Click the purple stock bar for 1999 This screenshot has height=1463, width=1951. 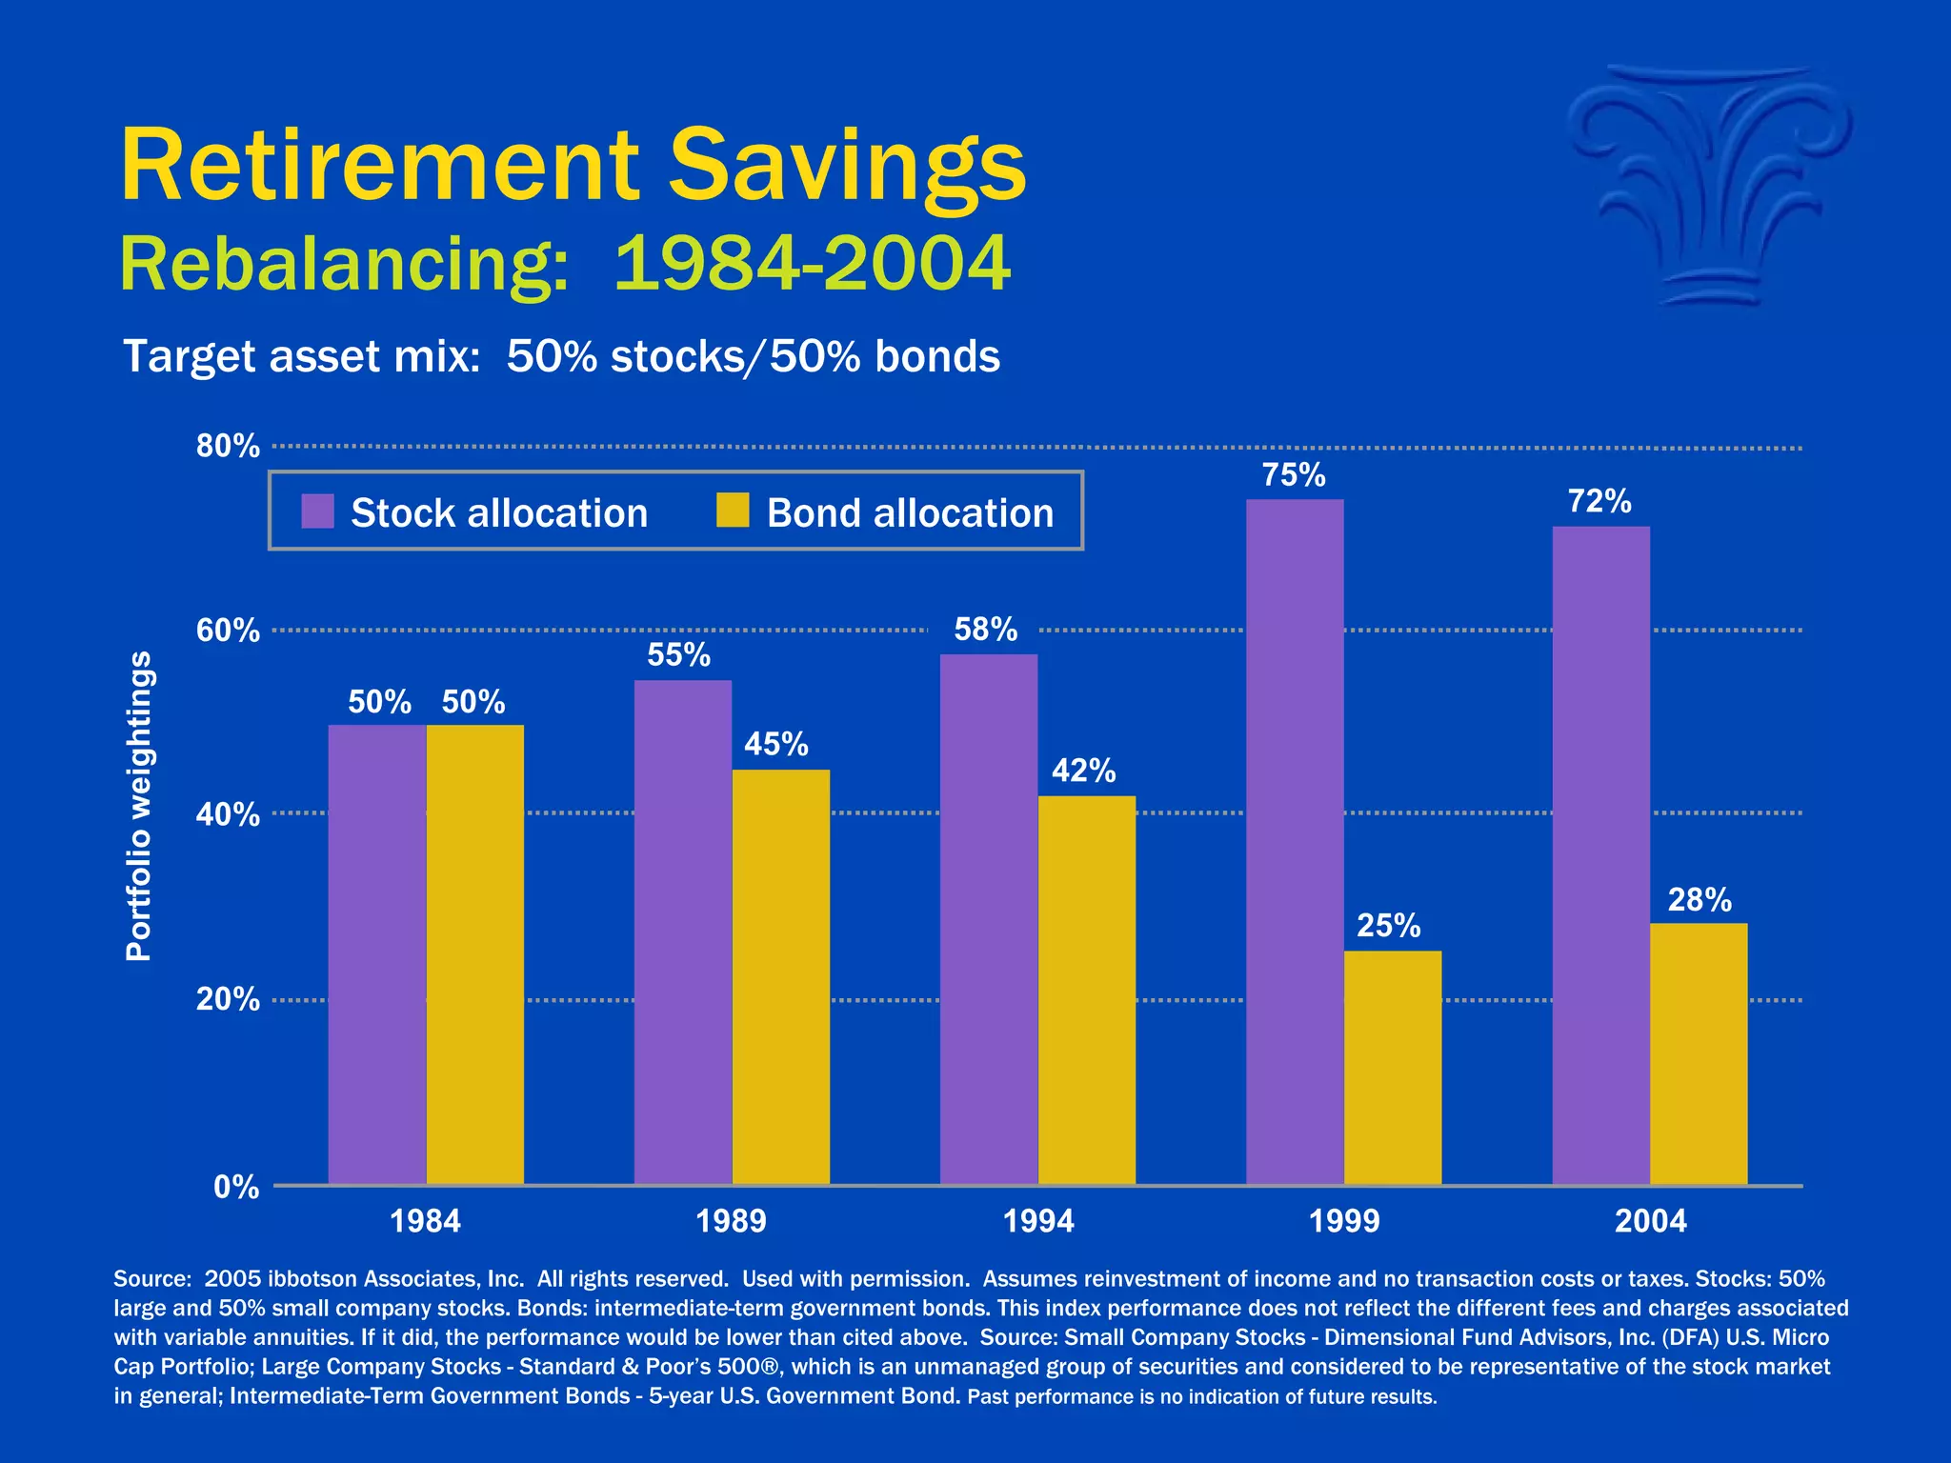[x=1295, y=842]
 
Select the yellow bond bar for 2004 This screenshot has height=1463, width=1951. [x=1699, y=1053]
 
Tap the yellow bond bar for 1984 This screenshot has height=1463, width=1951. [x=474, y=954]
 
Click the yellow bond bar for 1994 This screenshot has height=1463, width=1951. [x=1086, y=990]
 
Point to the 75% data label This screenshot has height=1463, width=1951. [x=1294, y=475]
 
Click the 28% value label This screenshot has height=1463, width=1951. [x=1700, y=900]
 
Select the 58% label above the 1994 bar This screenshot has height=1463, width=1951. [x=985, y=630]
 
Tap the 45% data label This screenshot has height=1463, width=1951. [x=775, y=744]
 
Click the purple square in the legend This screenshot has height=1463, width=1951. [x=317, y=511]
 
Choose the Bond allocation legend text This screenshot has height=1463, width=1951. [x=910, y=513]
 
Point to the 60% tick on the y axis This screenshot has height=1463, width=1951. [x=228, y=631]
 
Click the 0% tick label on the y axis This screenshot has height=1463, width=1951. [x=235, y=1187]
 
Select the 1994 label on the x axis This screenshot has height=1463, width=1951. [x=1038, y=1221]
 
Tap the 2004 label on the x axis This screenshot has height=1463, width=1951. [x=1650, y=1221]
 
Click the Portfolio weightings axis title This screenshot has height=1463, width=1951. [x=139, y=806]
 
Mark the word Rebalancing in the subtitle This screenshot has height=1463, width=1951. [x=344, y=264]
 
